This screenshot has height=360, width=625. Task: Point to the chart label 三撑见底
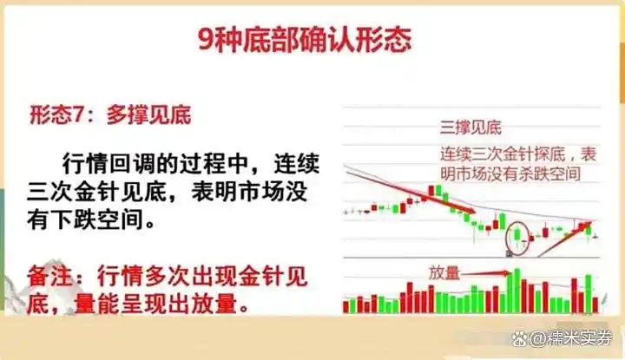pyautogui.click(x=469, y=130)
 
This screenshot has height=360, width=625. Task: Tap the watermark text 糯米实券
pyautogui.click(x=576, y=337)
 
